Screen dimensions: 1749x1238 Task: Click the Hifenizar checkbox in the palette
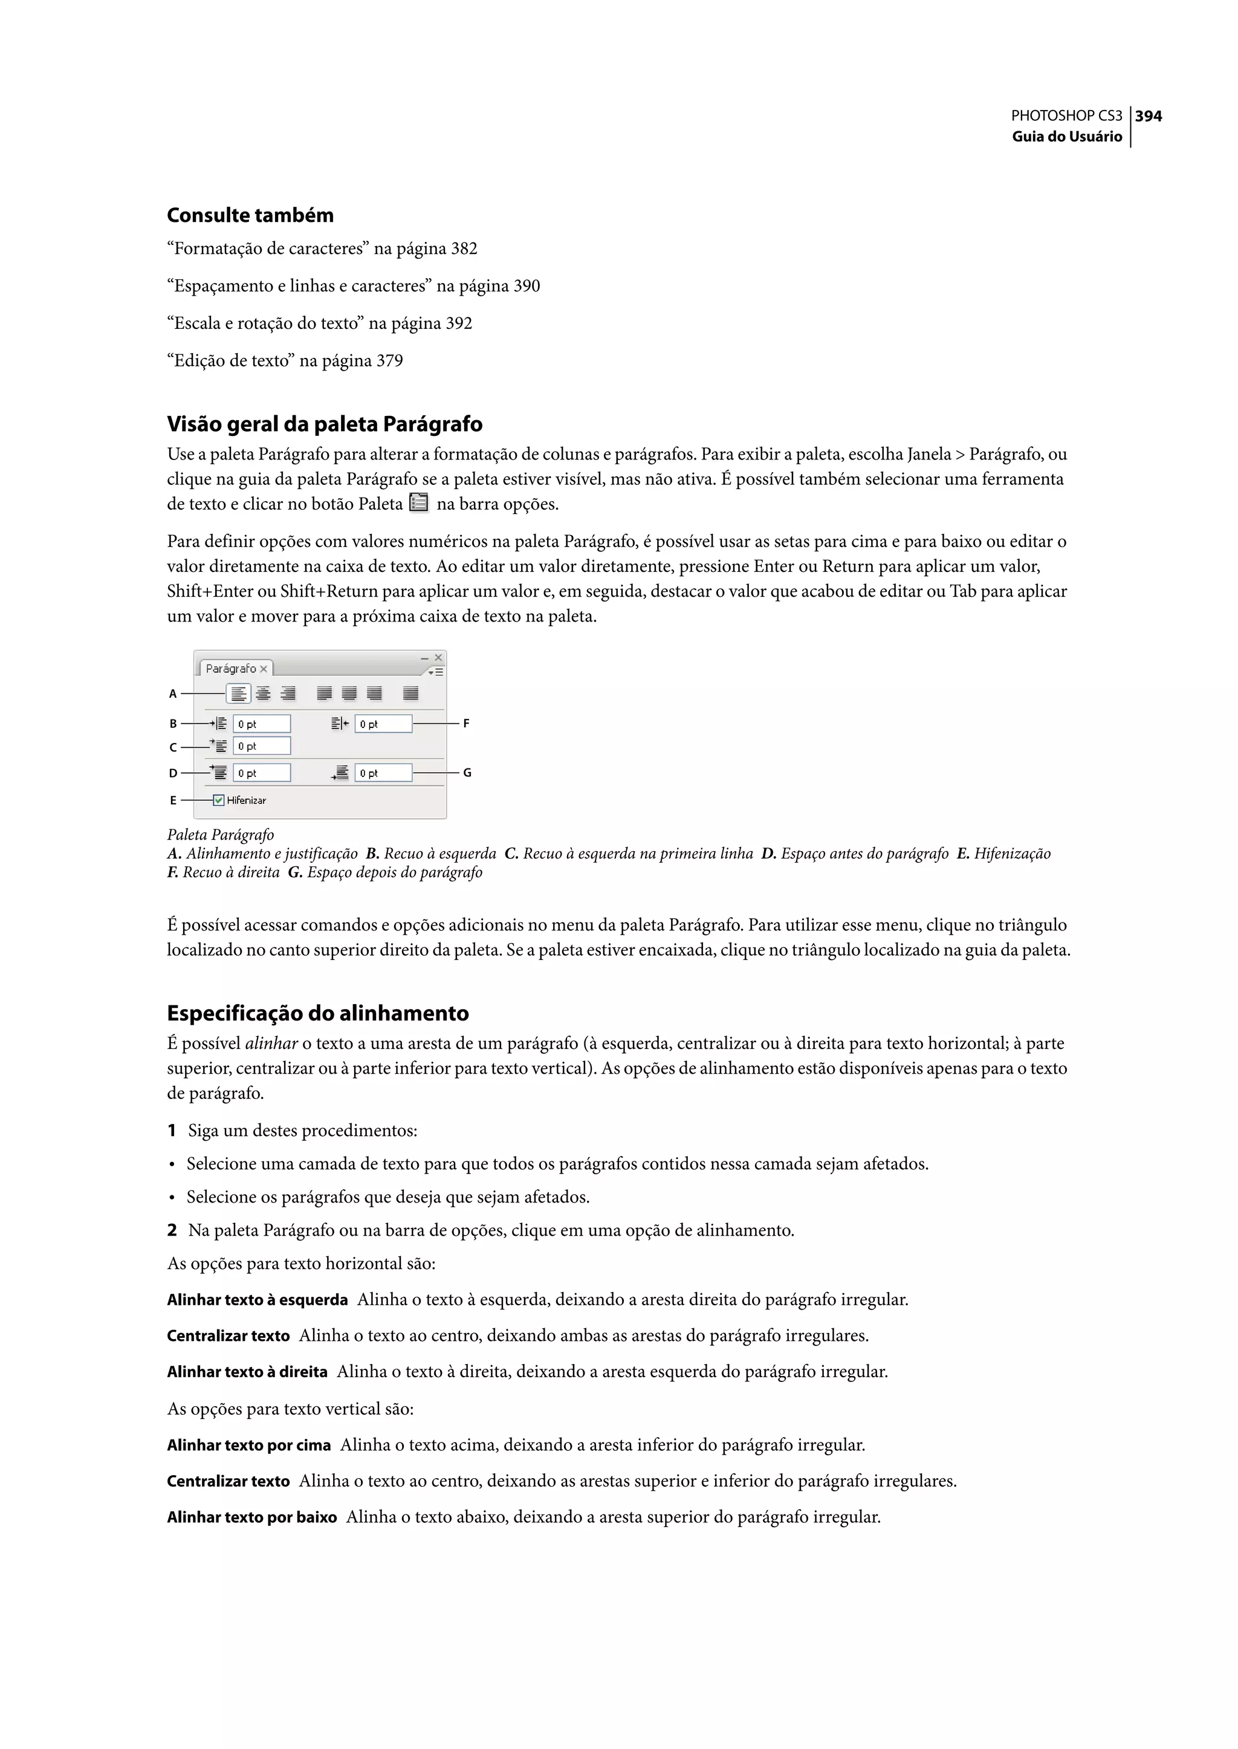tap(219, 800)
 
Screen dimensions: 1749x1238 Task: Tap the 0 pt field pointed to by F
tap(383, 724)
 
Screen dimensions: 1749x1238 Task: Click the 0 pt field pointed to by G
tap(383, 773)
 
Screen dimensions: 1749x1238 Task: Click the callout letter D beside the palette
tap(173, 773)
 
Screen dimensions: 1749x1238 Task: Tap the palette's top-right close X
tap(438, 657)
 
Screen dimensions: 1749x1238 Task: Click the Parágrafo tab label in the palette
tap(231, 669)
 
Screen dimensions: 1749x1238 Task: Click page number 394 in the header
tap(1148, 116)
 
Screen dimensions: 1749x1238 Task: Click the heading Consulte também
tap(250, 215)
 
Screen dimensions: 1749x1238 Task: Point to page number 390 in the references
tap(526, 286)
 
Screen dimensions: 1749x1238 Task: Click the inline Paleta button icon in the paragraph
tap(418, 503)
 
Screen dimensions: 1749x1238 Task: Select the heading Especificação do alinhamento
tap(318, 1013)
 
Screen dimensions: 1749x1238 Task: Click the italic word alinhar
tap(271, 1043)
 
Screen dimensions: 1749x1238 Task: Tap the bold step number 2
tap(172, 1230)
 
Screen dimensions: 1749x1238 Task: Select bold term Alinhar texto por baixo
tap(251, 1516)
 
